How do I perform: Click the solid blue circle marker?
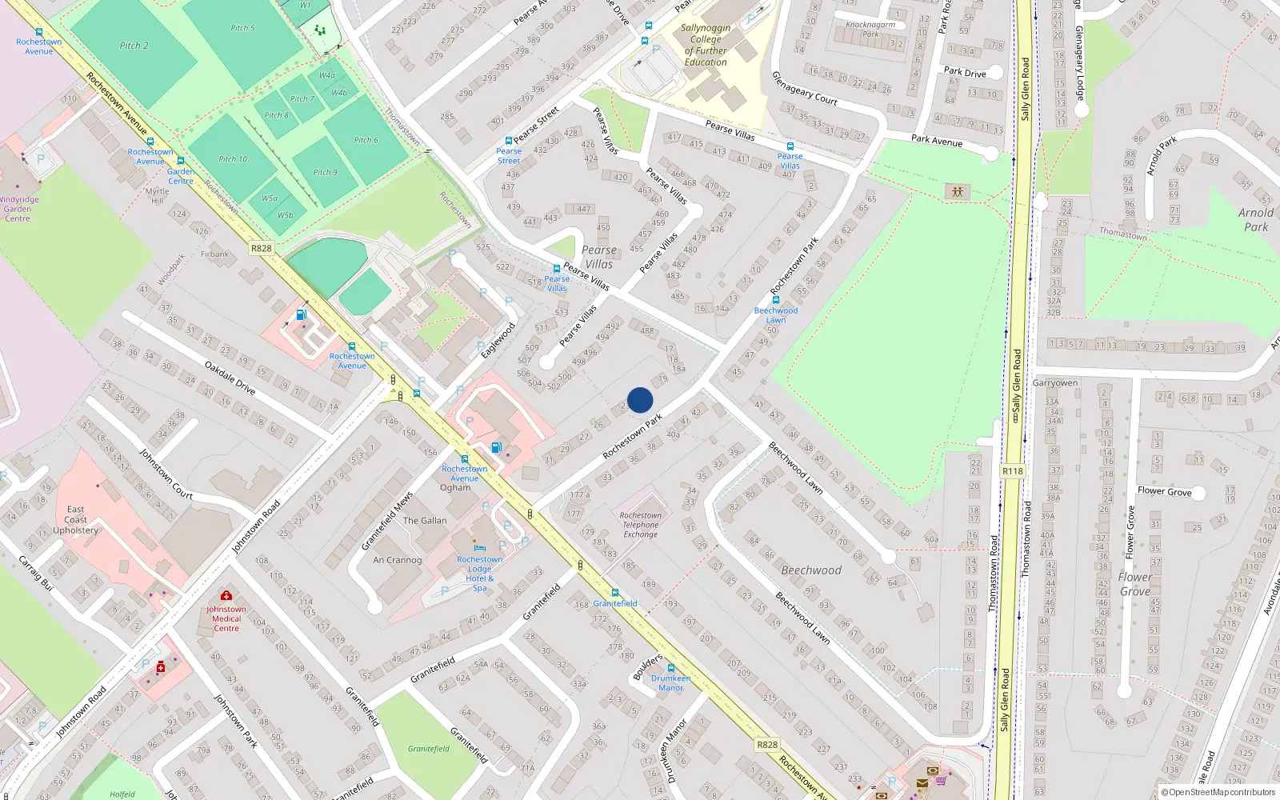click(640, 400)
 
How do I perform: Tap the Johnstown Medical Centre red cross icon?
click(226, 595)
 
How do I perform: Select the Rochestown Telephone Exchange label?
click(640, 525)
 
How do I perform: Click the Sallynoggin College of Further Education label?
click(706, 45)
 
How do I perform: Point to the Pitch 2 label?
click(134, 46)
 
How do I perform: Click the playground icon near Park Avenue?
click(957, 191)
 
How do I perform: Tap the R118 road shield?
click(1013, 471)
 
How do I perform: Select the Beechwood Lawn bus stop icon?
click(775, 300)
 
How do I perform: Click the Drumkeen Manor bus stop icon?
click(670, 668)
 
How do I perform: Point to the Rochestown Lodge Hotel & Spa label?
click(479, 574)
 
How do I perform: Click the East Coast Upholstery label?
click(75, 519)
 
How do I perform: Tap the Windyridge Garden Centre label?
click(18, 209)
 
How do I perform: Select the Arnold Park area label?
click(1255, 219)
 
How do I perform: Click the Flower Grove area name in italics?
click(1135, 584)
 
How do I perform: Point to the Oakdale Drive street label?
click(230, 378)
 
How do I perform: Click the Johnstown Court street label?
click(166, 474)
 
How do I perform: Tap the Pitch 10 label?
click(233, 159)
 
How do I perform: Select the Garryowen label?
click(1054, 383)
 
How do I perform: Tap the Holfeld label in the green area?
click(122, 794)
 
